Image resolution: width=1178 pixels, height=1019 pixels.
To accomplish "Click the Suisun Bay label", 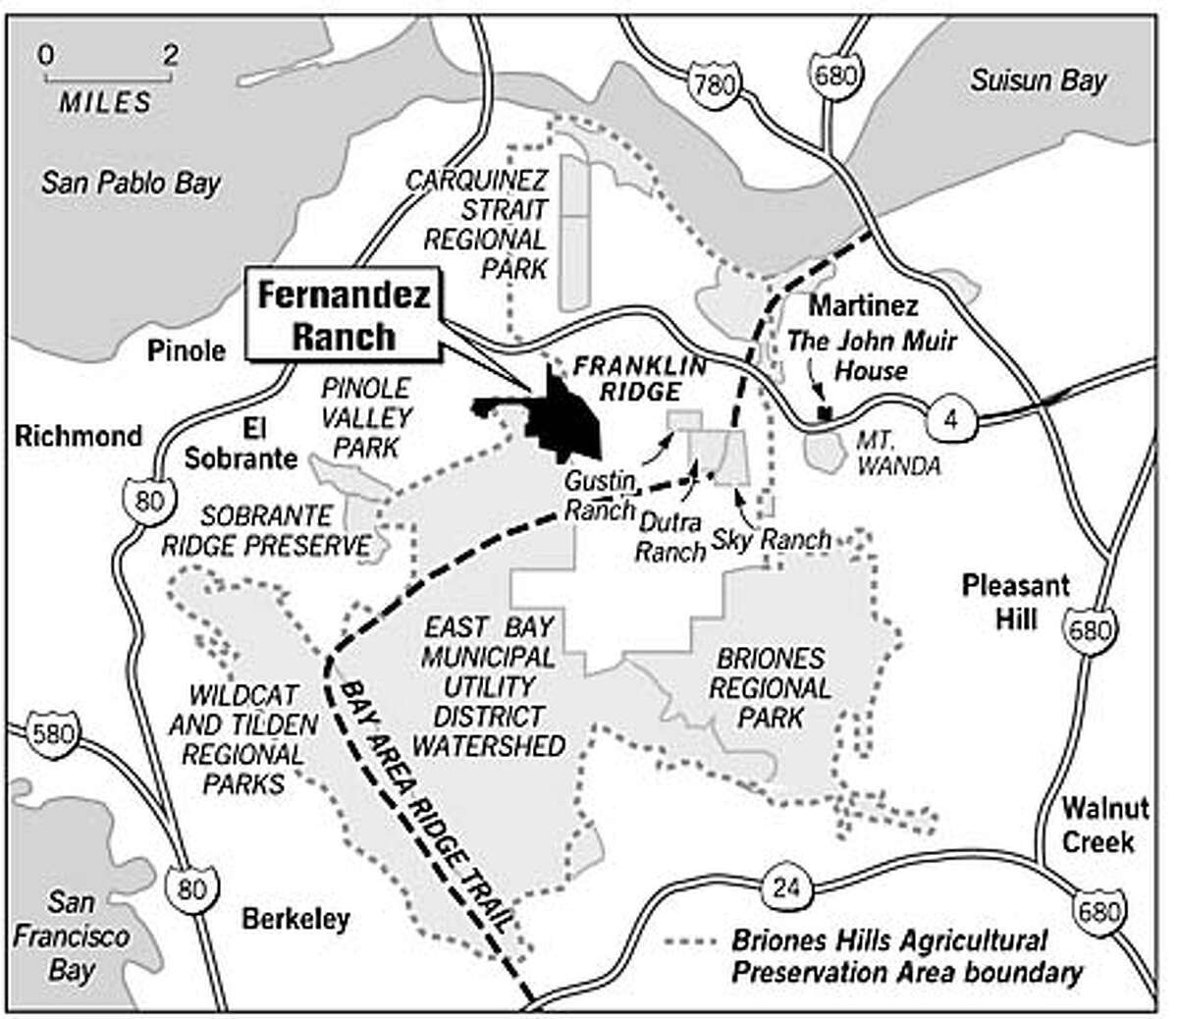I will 1038,80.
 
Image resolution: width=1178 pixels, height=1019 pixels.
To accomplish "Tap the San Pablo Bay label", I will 131,183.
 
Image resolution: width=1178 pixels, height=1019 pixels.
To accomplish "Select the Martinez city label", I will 850,305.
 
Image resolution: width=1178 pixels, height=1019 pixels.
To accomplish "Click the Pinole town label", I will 187,349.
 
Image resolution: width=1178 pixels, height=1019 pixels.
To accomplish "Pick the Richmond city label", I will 79,435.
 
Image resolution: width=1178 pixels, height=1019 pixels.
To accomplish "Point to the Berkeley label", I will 295,920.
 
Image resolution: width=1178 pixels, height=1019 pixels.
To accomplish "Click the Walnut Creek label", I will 1098,826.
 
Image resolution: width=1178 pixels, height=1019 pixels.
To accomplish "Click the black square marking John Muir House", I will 826,413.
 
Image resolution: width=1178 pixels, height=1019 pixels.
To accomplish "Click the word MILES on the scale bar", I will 106,101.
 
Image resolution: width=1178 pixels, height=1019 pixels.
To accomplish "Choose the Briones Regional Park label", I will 770,687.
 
